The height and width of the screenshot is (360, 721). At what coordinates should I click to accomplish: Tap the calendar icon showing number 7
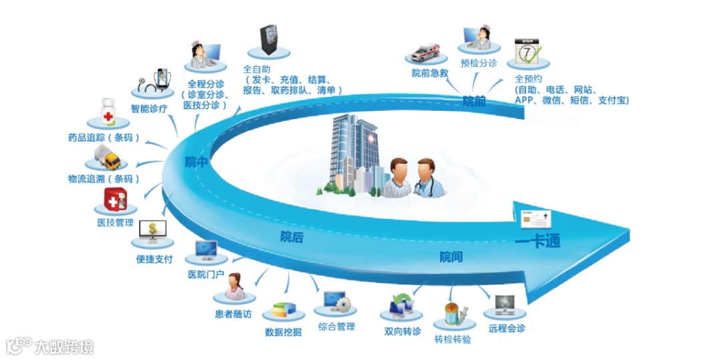coord(527,52)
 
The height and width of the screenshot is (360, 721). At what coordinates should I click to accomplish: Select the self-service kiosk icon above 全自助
coord(268,41)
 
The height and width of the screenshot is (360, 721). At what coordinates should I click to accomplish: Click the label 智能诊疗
coord(149,108)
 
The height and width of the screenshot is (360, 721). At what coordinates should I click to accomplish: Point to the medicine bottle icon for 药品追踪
coord(108,113)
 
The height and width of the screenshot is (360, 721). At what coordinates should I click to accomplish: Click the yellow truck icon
coord(104,159)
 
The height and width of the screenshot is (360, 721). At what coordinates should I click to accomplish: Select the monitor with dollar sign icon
coord(154,233)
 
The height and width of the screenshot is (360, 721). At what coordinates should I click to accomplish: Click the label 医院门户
coord(206,275)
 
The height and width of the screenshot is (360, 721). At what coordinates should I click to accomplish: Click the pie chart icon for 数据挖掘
coord(283,311)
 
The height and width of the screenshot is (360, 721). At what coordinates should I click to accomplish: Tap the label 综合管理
coord(336,327)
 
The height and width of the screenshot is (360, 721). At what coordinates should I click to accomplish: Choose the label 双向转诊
coord(403,331)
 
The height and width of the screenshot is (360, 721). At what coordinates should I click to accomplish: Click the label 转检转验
coord(453,339)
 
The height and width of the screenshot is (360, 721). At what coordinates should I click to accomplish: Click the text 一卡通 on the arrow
coord(537,242)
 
